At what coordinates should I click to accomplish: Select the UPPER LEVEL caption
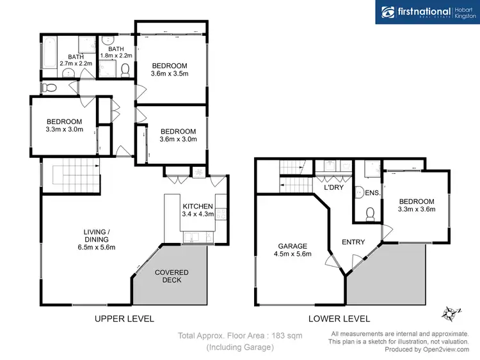pyautogui.click(x=124, y=318)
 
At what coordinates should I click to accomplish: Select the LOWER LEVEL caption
pyautogui.click(x=340, y=318)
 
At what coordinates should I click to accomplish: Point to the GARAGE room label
pyautogui.click(x=292, y=249)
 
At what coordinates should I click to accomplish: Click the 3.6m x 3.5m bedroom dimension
pyautogui.click(x=169, y=74)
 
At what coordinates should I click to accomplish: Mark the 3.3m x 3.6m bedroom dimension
pyautogui.click(x=416, y=209)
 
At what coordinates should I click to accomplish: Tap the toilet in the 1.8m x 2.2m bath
pyautogui.click(x=125, y=70)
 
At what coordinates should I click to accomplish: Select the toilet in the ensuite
pyautogui.click(x=368, y=214)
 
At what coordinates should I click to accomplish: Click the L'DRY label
pyautogui.click(x=333, y=188)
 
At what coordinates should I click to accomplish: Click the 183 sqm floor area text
pyautogui.click(x=239, y=335)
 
